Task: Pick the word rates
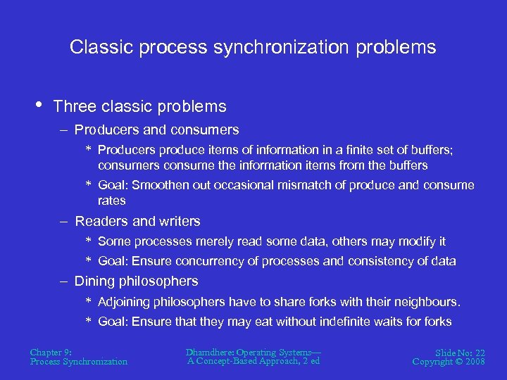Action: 112,201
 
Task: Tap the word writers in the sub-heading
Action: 180,221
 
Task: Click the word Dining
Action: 94,281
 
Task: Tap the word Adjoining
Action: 126,302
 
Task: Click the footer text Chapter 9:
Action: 51,352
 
